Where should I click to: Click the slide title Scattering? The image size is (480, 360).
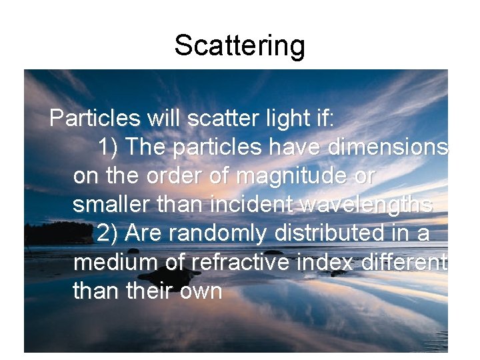pos(239,45)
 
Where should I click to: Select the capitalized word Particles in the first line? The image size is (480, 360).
pos(95,119)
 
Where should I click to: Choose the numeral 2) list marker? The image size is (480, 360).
pos(108,234)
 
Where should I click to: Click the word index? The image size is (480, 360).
pos(329,263)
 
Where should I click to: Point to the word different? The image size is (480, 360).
pos(405,263)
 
